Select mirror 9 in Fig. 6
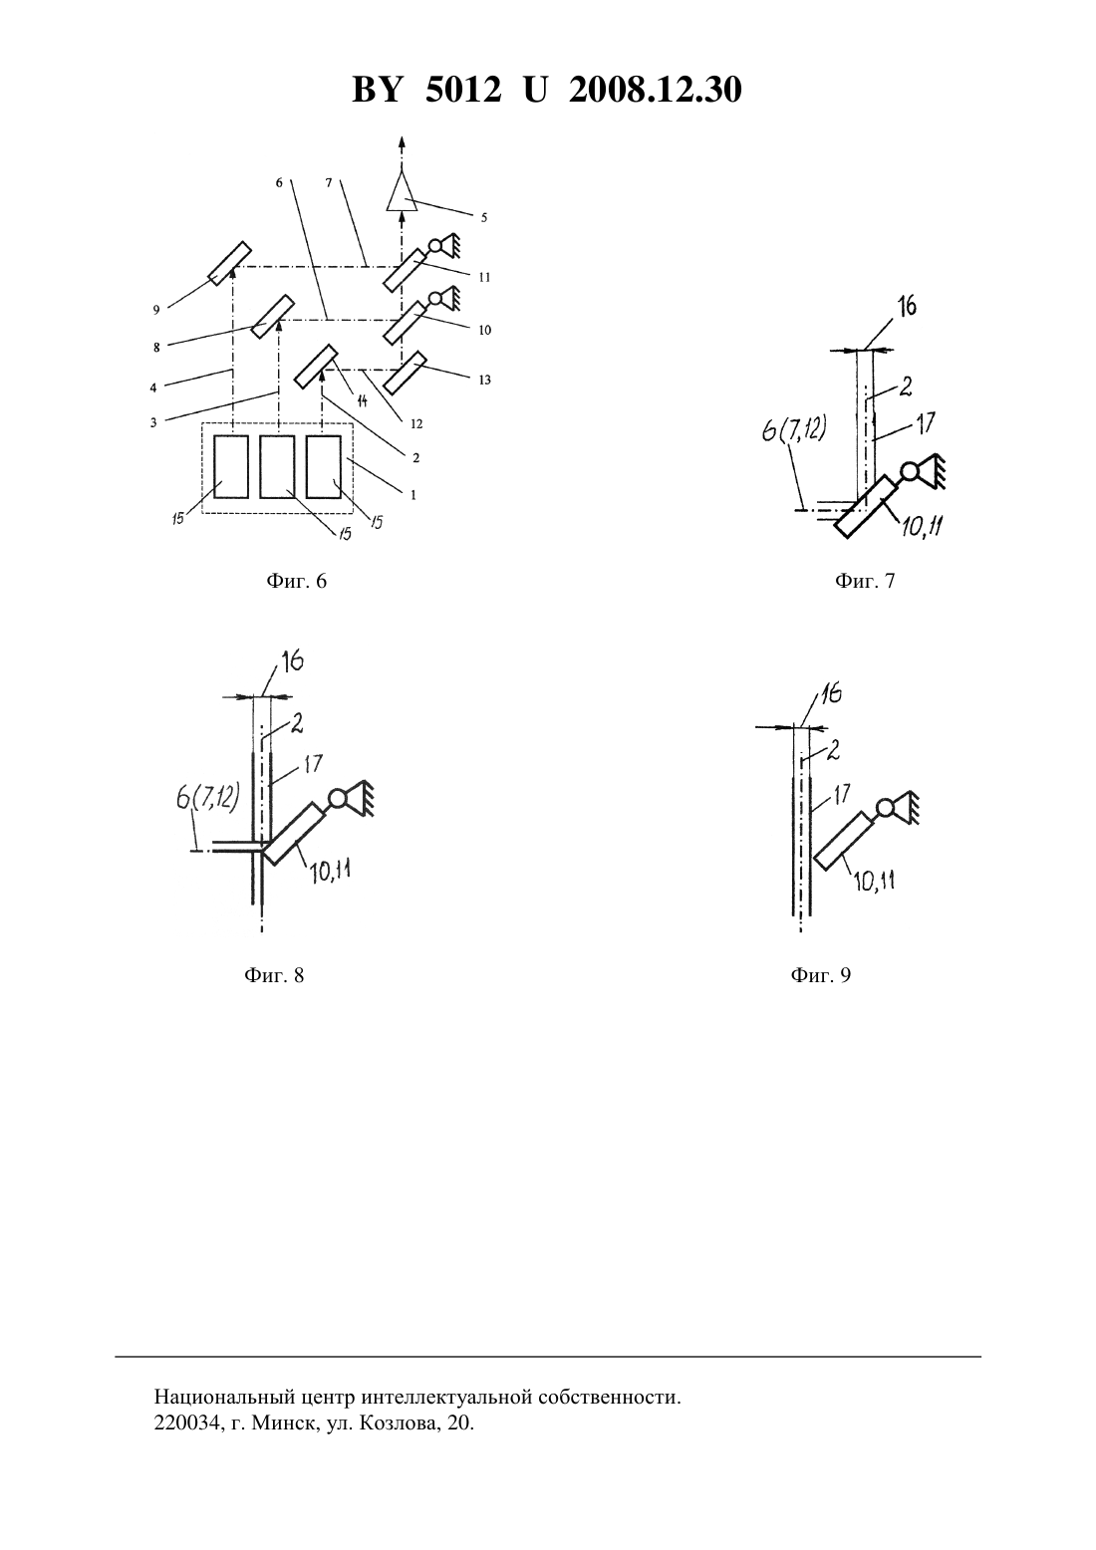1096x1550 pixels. coord(229,263)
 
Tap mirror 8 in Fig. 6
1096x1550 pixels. coord(273,317)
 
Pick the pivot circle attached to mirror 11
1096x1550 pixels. coord(436,244)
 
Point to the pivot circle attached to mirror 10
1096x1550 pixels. coord(436,298)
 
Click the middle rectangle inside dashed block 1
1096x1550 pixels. coord(277,466)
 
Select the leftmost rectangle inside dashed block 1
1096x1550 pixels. coord(231,466)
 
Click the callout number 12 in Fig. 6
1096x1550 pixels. coord(415,423)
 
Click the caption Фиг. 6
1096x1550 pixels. coord(296,581)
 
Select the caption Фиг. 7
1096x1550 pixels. coord(865,581)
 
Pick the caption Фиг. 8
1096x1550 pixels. coord(274,975)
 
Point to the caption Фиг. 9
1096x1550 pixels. coord(821,975)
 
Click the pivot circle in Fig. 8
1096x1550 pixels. coord(337,799)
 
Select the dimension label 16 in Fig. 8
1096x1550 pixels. coord(291,662)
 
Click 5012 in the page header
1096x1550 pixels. coord(463,90)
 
